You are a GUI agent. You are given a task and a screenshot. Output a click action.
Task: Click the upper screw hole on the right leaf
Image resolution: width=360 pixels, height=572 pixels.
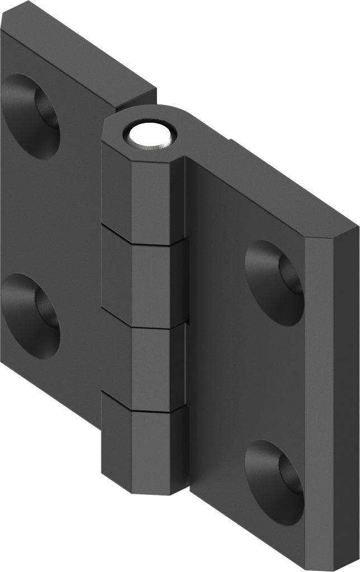[x=274, y=283]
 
